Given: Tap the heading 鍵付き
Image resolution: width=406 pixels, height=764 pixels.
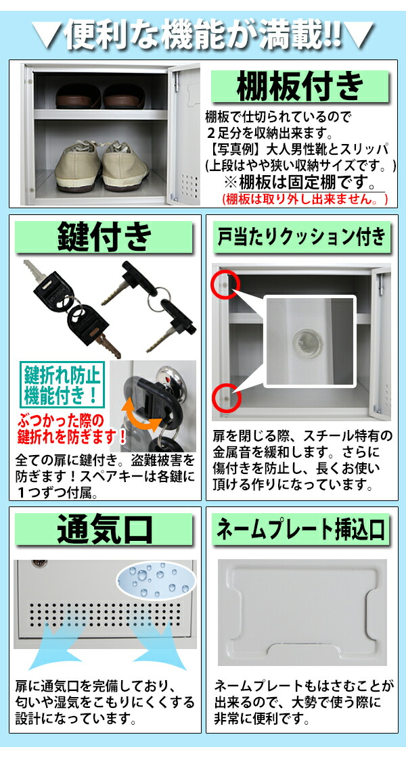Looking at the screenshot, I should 105,237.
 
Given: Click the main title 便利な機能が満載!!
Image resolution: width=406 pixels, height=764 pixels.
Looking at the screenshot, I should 203,32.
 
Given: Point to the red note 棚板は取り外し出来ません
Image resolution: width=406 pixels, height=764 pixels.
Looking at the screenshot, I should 305,199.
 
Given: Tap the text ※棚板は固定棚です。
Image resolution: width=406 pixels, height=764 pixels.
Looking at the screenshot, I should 300,183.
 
